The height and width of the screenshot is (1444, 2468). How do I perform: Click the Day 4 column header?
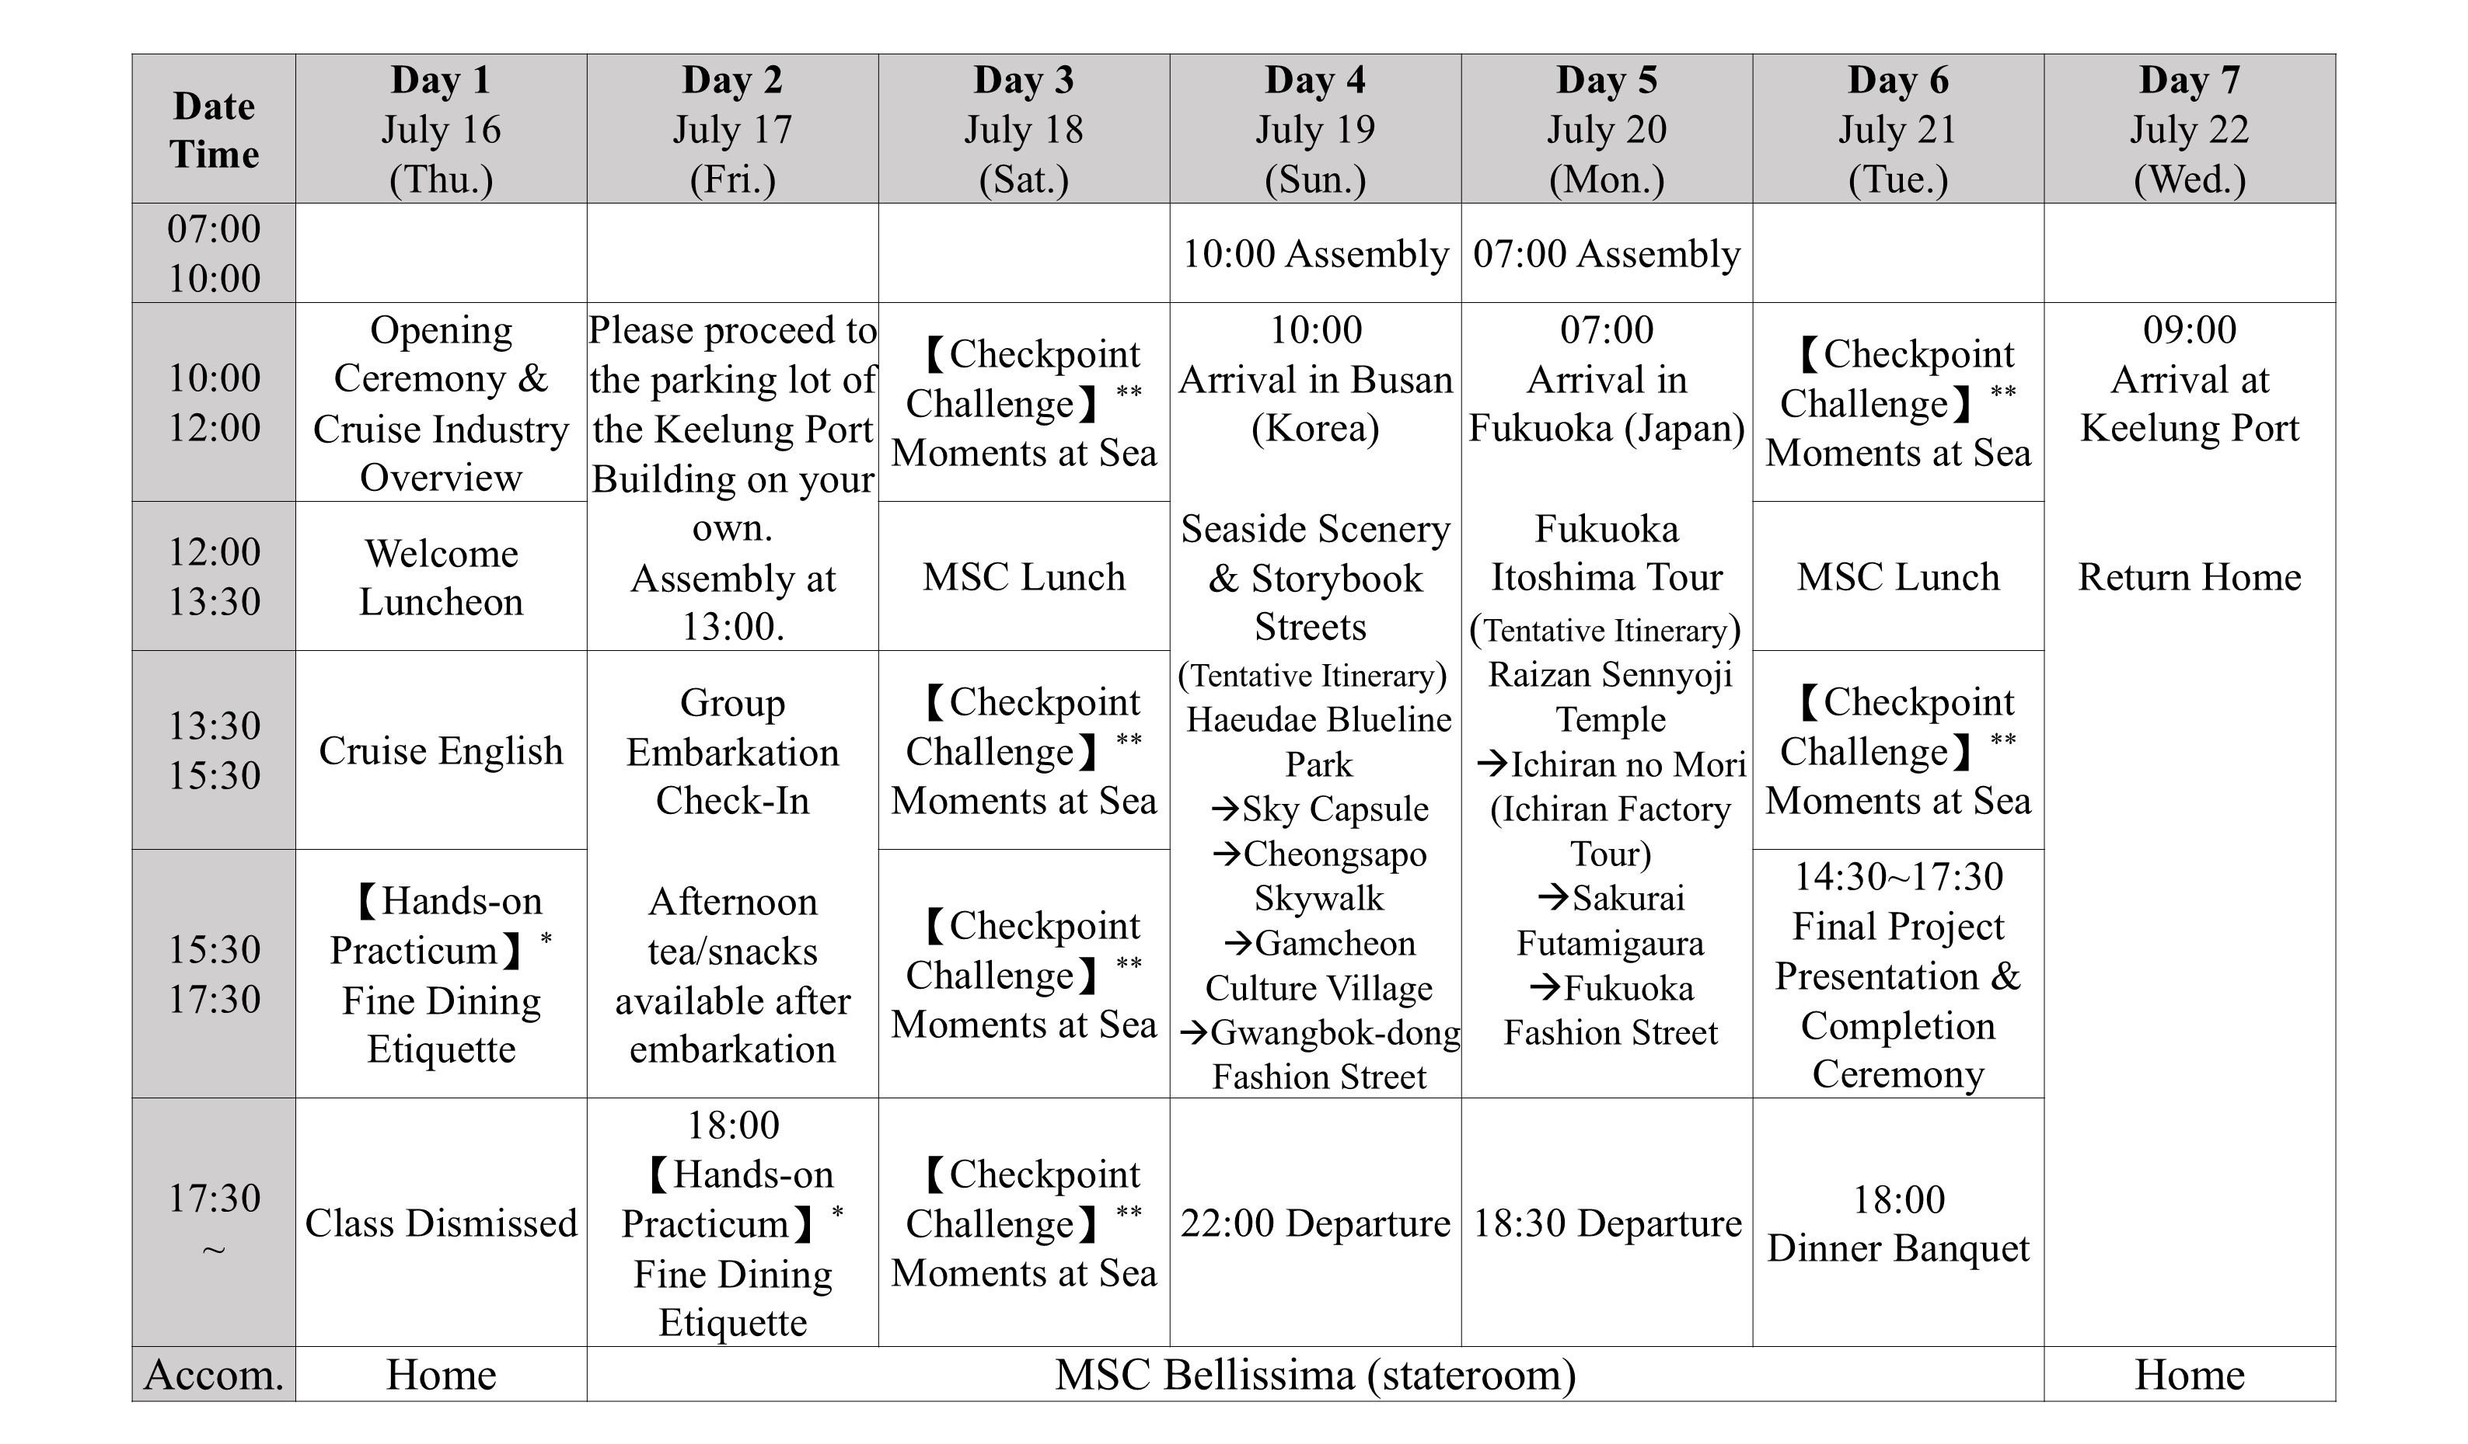coord(1315,128)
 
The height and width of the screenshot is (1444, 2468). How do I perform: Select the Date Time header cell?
coord(214,129)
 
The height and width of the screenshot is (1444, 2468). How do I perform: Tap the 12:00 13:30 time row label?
coord(214,576)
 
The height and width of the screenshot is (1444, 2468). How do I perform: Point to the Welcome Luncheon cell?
coord(441,576)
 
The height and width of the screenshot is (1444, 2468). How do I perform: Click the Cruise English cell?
coord(441,751)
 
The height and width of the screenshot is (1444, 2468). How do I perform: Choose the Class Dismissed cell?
coord(441,1223)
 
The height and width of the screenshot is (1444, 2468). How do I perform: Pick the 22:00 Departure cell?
coord(1315,1223)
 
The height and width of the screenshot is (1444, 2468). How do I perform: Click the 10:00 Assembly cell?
coord(1315,253)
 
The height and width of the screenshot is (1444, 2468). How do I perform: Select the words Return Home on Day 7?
coord(2190,576)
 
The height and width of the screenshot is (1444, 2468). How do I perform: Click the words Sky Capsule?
coord(1335,809)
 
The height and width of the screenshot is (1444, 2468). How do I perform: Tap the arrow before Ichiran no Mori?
coord(1492,764)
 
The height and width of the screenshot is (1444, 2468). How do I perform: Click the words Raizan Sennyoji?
coord(1610,674)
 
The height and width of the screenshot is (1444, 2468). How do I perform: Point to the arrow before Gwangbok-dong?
coord(1193,1032)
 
